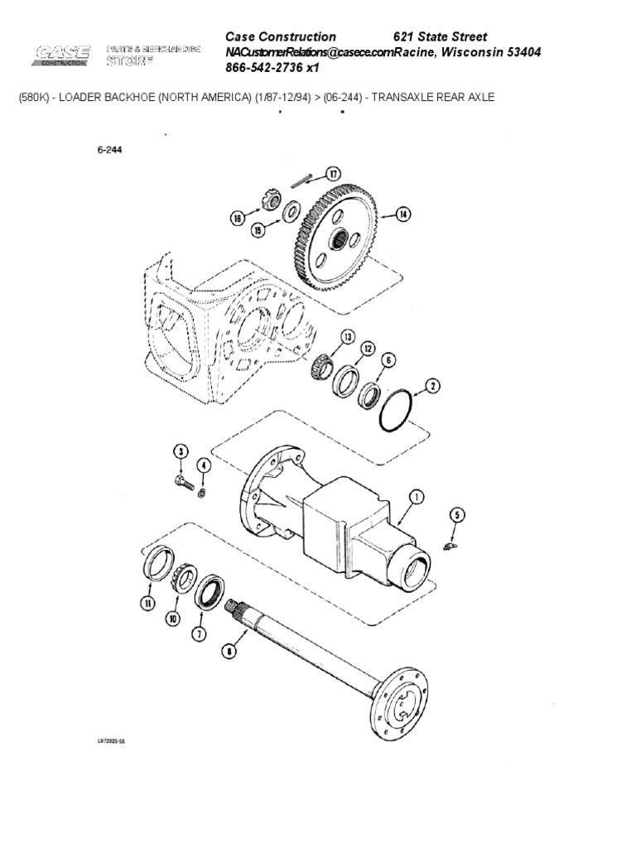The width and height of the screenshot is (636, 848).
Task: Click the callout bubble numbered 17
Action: [x=332, y=174]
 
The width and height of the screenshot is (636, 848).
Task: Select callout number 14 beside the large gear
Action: [x=402, y=214]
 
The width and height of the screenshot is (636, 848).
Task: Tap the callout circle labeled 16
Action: [x=237, y=219]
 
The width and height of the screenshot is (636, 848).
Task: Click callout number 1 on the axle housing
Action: [x=416, y=497]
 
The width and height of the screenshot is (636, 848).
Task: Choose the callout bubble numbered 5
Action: [x=455, y=515]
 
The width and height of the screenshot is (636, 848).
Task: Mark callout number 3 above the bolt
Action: [x=180, y=450]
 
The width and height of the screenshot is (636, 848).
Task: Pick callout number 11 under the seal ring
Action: [x=147, y=605]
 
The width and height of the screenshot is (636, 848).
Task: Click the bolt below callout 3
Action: [x=184, y=479]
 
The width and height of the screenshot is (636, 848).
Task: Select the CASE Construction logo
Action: [x=61, y=55]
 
